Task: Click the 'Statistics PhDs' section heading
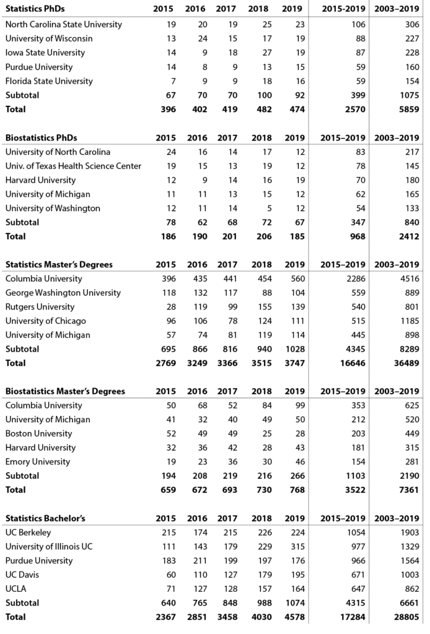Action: click(x=35, y=9)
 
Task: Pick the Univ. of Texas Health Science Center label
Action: click(x=73, y=166)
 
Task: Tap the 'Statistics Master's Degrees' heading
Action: click(x=59, y=264)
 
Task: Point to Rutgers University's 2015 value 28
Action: click(x=170, y=307)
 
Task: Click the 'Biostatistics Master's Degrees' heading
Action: click(x=65, y=391)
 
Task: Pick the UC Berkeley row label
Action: click(x=28, y=532)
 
